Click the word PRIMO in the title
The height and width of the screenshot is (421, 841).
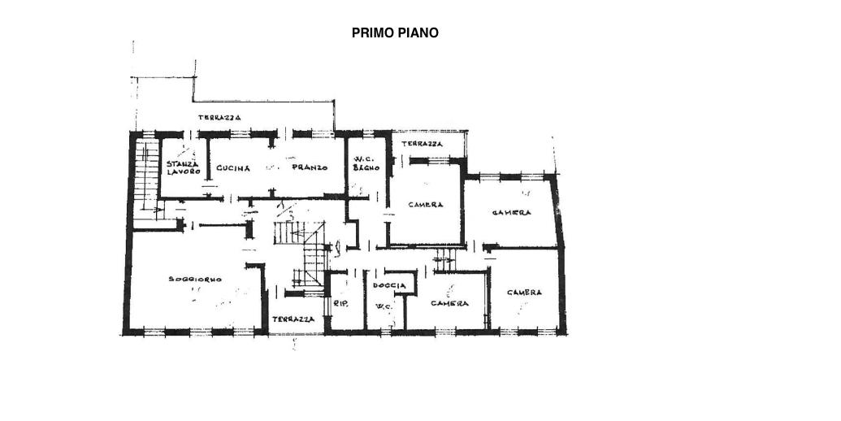point(373,33)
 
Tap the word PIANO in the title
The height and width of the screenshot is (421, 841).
point(418,33)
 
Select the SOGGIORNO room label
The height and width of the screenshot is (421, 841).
point(195,279)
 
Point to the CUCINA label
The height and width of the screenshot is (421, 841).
point(233,168)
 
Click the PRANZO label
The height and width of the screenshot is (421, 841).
point(310,167)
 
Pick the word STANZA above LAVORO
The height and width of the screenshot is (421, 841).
point(182,163)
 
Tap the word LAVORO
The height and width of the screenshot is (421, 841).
point(184,171)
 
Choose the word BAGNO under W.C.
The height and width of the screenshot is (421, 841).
point(366,167)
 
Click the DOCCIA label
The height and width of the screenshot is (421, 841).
point(389,285)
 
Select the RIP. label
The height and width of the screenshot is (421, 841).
point(341,303)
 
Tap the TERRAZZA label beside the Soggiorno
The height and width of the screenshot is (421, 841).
point(293,319)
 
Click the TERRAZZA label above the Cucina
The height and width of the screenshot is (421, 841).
point(219,118)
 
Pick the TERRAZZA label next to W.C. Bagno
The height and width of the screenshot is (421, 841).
point(422,144)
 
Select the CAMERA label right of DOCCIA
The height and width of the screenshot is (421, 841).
point(449,303)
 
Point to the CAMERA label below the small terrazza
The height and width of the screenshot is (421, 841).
point(425,204)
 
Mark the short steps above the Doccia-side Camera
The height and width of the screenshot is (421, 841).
point(444,260)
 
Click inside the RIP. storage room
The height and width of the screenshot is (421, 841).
point(346,301)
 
